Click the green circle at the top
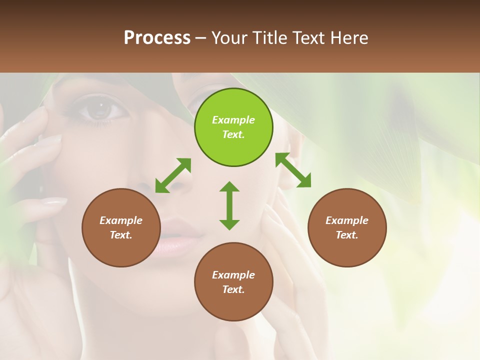pos(233,127)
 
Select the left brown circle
pos(121,227)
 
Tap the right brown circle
pos(347,227)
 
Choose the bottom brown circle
pos(233,282)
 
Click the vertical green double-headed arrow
pos(229,205)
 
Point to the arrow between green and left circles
pos(173,175)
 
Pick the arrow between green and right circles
pos(293,170)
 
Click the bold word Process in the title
pos(157,37)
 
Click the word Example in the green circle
pos(233,120)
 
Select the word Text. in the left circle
pos(121,235)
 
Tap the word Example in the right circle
pos(347,220)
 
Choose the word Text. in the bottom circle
pos(233,289)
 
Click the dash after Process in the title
pos(201,38)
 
